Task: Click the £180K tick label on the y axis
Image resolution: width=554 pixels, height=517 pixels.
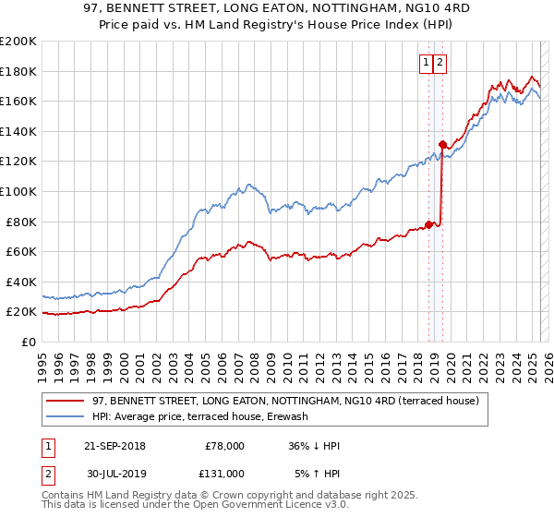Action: pos(19,71)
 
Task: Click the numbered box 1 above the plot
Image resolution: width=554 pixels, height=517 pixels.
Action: pos(427,63)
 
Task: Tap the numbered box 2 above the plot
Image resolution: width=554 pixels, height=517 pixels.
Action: pos(440,63)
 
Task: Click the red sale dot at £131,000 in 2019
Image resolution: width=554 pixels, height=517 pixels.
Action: pos(442,144)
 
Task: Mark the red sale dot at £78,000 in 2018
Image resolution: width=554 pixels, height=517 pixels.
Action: pos(429,224)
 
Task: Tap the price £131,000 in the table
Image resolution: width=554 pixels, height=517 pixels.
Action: pos(224,474)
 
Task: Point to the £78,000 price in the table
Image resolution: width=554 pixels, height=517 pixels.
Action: pos(224,446)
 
